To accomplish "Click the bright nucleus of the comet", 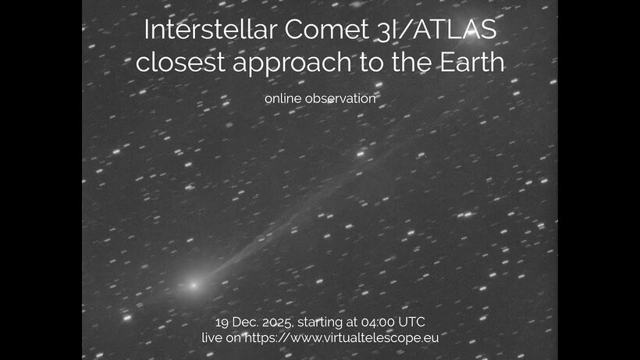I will (x=193, y=285).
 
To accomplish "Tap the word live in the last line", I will (x=212, y=338).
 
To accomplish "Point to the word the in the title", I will (x=407, y=63).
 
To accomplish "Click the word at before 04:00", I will (x=357, y=323).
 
